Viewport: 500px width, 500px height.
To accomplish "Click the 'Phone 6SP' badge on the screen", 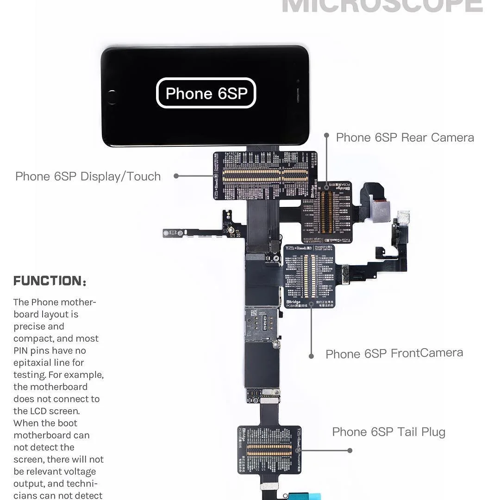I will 206,93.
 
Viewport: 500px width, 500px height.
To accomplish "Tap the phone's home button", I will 112,96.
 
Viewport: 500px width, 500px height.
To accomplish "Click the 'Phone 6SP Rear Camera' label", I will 405,137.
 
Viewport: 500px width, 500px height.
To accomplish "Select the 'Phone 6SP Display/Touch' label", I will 88,176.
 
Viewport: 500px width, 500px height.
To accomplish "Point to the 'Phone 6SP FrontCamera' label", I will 394,354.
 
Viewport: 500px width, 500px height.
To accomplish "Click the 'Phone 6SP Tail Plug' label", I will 388,432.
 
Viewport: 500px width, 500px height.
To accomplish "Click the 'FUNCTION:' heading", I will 50,281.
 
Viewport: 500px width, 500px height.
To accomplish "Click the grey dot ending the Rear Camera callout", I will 326,136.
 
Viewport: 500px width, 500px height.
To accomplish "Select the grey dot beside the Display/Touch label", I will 176,176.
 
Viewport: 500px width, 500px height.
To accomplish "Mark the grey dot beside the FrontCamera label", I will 311,356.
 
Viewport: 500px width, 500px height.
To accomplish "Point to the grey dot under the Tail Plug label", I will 350,450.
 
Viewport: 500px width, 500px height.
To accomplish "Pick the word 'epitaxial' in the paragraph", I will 35,362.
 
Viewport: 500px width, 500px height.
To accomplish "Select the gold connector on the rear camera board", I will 327,212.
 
